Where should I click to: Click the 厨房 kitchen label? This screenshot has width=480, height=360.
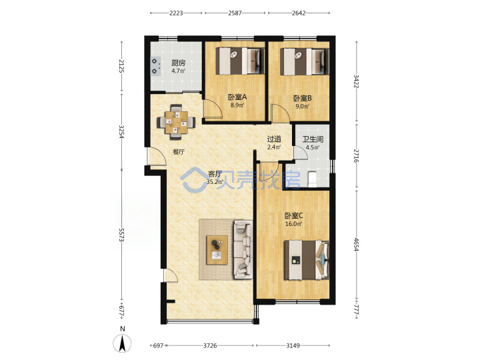click(x=178, y=63)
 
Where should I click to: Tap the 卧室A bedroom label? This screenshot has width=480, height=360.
click(x=237, y=97)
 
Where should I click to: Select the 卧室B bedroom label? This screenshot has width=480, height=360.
click(x=303, y=98)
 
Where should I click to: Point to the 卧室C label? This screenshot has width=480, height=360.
click(x=293, y=215)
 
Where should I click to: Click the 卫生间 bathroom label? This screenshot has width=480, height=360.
click(x=313, y=139)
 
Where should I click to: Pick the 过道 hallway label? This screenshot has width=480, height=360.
click(x=274, y=139)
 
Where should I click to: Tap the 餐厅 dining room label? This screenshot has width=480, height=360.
click(x=179, y=152)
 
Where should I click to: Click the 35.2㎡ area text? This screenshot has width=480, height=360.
click(x=215, y=182)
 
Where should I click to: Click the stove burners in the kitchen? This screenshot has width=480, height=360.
click(x=155, y=67)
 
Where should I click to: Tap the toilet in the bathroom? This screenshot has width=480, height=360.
click(x=312, y=179)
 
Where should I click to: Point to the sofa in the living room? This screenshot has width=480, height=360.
click(x=243, y=249)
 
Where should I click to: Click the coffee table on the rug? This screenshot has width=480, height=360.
click(x=217, y=250)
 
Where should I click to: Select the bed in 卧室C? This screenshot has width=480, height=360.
click(x=307, y=260)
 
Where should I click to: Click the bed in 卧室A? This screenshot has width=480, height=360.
click(x=240, y=61)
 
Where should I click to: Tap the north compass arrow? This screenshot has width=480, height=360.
click(x=122, y=343)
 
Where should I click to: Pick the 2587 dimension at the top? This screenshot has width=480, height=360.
click(x=235, y=13)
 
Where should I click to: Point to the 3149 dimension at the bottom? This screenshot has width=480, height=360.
click(x=293, y=345)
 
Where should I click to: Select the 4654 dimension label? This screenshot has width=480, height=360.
click(x=357, y=244)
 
